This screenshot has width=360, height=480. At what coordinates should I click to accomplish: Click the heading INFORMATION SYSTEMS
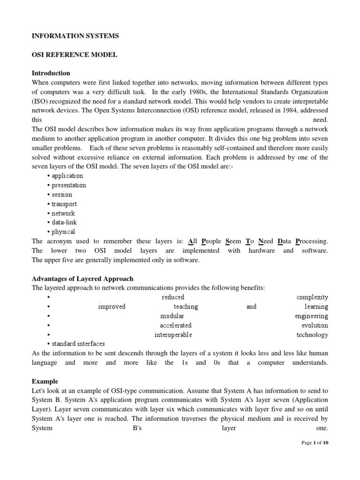pos(75,35)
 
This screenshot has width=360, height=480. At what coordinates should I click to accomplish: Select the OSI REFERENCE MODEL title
pos(74,54)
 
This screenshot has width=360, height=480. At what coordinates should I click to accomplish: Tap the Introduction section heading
pos(51,73)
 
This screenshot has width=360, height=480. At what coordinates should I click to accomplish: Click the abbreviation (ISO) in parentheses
pos(41,101)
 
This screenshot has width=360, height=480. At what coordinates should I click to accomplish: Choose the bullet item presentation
pos(68,185)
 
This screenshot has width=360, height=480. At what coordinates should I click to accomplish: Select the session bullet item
pos(61,195)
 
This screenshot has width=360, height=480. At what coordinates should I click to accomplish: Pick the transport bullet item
pos(64,204)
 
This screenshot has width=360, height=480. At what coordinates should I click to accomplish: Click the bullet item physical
pos(63,232)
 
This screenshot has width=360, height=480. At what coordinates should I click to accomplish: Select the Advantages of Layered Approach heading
pos(82,278)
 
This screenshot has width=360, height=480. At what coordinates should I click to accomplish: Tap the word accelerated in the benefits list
pos(175,325)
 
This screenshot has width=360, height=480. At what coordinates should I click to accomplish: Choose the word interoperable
pos(173,335)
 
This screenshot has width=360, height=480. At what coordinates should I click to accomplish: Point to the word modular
pos(172,316)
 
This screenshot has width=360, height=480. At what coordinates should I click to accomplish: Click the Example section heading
pos(45,382)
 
